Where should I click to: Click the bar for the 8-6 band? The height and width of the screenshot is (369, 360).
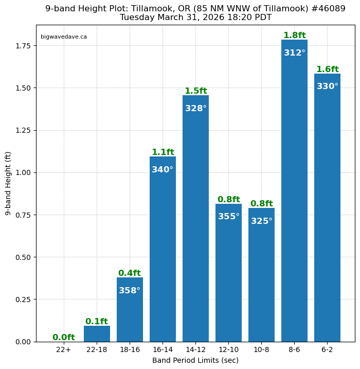294,206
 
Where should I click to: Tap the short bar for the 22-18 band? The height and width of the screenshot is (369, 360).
97,333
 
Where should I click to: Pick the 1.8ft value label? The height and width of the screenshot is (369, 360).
294,36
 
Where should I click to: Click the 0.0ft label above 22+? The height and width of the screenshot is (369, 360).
64,338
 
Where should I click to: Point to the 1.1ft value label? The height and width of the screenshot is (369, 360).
163,152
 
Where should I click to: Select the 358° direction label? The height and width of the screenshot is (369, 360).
130,291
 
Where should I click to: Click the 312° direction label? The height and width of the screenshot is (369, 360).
294,53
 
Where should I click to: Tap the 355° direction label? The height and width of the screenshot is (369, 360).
228,217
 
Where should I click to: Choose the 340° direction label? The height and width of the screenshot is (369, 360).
163,170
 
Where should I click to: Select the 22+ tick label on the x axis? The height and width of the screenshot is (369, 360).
64,350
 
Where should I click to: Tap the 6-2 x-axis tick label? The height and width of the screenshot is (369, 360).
327,350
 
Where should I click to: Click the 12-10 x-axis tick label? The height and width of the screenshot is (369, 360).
228,350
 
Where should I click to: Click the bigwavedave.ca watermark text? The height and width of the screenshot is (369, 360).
64,37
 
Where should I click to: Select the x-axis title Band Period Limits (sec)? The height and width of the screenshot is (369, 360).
195,360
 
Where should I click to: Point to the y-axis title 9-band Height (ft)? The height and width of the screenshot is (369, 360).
8,183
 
